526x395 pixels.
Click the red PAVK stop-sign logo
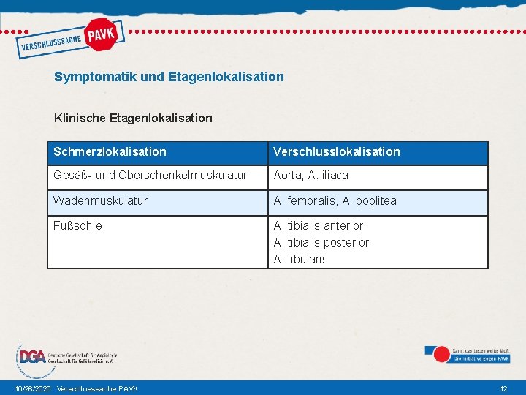[103, 34]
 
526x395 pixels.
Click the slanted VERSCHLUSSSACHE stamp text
[50, 45]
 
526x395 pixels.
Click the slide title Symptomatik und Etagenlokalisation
[169, 76]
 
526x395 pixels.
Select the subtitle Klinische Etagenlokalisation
[133, 117]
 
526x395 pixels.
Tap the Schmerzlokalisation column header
[110, 152]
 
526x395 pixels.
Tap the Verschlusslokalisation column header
[337, 152]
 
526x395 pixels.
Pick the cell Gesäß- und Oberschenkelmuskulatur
[150, 176]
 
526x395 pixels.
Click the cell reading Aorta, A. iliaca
[310, 176]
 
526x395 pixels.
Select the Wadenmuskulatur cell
[100, 200]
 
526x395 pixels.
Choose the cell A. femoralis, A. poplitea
[335, 200]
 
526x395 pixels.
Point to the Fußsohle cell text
[77, 225]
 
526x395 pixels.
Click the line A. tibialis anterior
[318, 225]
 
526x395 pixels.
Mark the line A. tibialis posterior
[321, 242]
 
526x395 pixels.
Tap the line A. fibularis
[300, 259]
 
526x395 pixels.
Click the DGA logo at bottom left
[33, 357]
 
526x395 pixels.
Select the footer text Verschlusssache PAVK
[97, 388]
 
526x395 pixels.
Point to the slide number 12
[503, 388]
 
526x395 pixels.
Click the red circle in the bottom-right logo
[441, 355]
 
